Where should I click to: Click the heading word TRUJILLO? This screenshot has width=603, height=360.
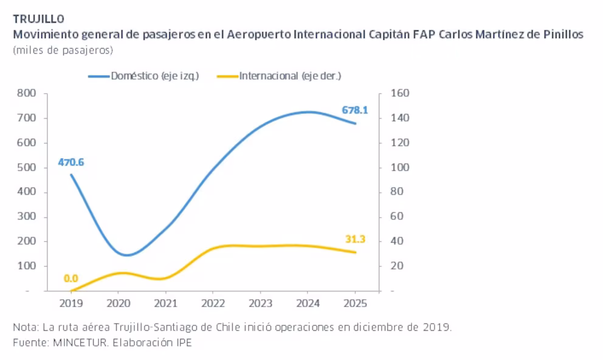coord(38,19)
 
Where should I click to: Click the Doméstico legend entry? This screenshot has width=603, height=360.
coord(143,76)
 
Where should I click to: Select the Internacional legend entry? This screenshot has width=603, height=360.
coord(279,76)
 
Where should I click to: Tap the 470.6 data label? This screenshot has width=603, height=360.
coord(71,162)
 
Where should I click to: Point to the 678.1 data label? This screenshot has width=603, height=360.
coord(355,111)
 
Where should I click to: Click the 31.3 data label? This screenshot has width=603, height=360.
coord(355,239)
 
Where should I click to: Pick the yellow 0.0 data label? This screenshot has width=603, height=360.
coord(71,278)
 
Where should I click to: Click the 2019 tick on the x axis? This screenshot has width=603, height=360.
coord(71,303)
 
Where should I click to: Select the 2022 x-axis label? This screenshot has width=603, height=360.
coord(213,303)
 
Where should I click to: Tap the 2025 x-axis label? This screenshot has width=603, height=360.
coord(356,303)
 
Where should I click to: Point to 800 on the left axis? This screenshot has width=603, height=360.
coord(27,93)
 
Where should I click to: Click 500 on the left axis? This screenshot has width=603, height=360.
coord(27,167)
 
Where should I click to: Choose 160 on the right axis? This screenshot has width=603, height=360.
coord(400,93)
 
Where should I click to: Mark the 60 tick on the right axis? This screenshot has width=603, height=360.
coord(397,216)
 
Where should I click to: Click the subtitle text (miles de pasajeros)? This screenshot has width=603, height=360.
coord(63,50)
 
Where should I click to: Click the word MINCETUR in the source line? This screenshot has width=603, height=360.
coord(80,342)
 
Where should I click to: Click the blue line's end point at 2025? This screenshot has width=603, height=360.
coord(356,123)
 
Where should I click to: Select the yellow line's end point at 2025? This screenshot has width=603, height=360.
coord(356,252)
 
